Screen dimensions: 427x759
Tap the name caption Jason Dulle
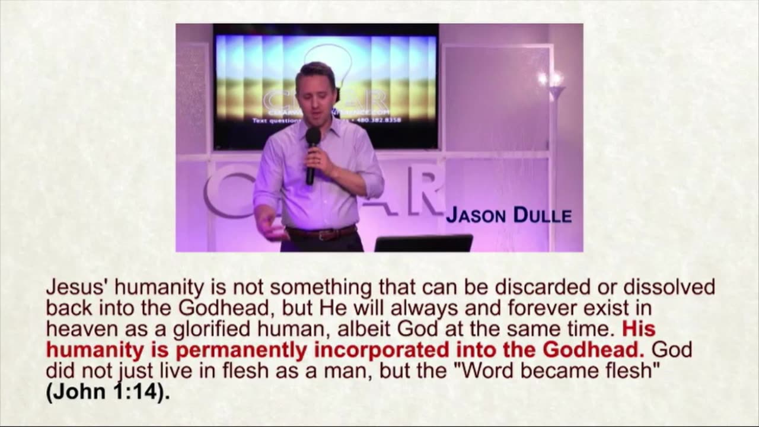click(x=508, y=215)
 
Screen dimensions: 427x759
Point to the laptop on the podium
click(x=423, y=243)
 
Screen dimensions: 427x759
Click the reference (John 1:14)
click(x=107, y=392)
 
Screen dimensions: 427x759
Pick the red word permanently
click(x=243, y=350)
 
